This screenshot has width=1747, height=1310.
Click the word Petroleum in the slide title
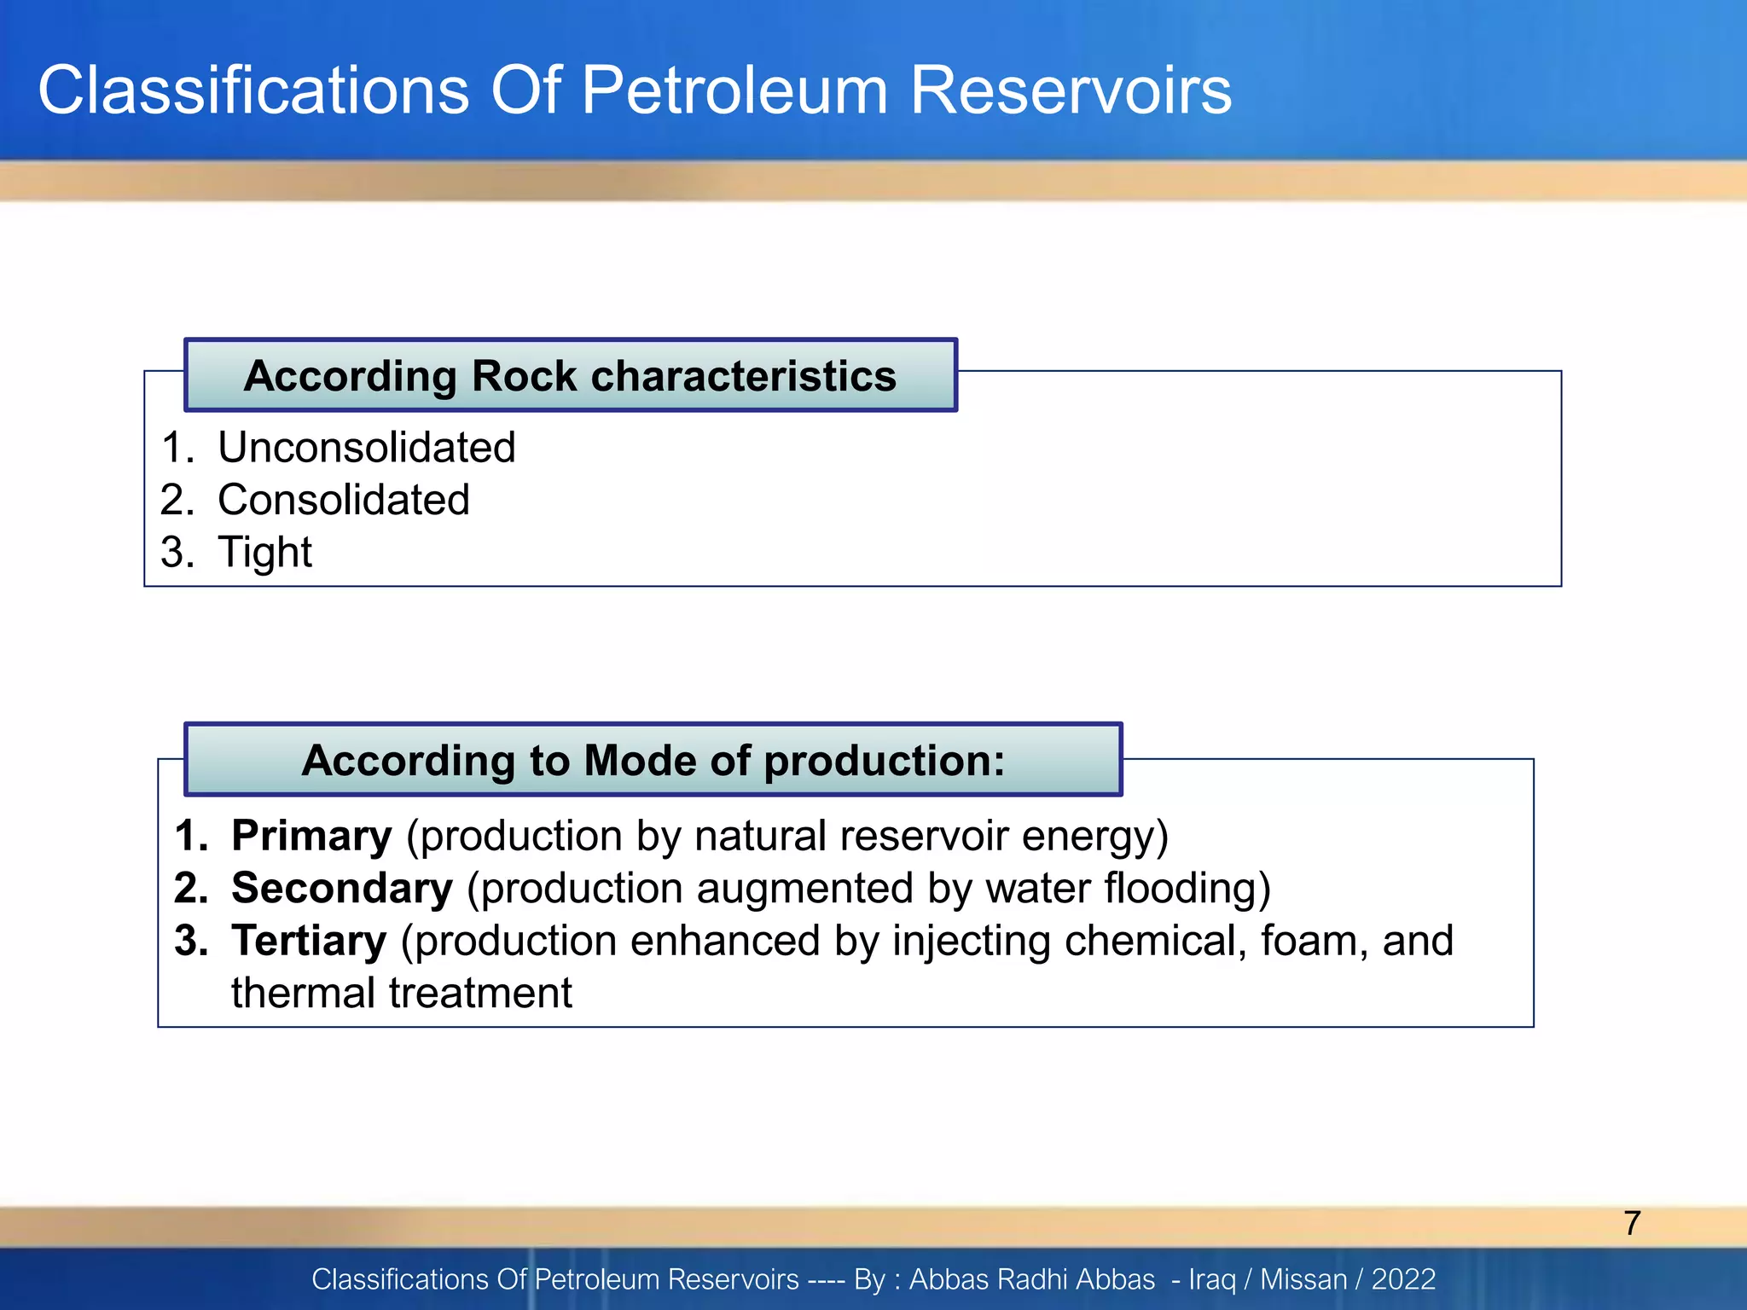(x=734, y=90)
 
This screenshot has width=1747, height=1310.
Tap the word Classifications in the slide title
(x=253, y=90)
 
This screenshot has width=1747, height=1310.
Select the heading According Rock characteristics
(x=570, y=376)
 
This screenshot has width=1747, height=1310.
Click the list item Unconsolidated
(x=367, y=448)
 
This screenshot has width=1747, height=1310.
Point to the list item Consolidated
(x=344, y=500)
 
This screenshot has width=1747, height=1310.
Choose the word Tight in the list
(x=265, y=553)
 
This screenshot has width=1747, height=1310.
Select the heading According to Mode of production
(x=653, y=760)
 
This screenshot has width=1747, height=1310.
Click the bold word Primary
(x=311, y=836)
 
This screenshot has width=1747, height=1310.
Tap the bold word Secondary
(x=342, y=889)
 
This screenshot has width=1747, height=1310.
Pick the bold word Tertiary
(x=309, y=941)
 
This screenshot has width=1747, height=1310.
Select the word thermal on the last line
(x=303, y=994)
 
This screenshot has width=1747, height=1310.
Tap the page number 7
(x=1632, y=1223)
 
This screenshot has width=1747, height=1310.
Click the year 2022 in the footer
(x=1403, y=1279)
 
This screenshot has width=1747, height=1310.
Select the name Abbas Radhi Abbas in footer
(x=1031, y=1279)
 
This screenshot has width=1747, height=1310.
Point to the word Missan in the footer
(x=1303, y=1279)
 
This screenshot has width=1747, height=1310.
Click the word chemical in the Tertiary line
(x=1155, y=941)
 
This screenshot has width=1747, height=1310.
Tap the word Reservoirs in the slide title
(x=1071, y=90)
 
